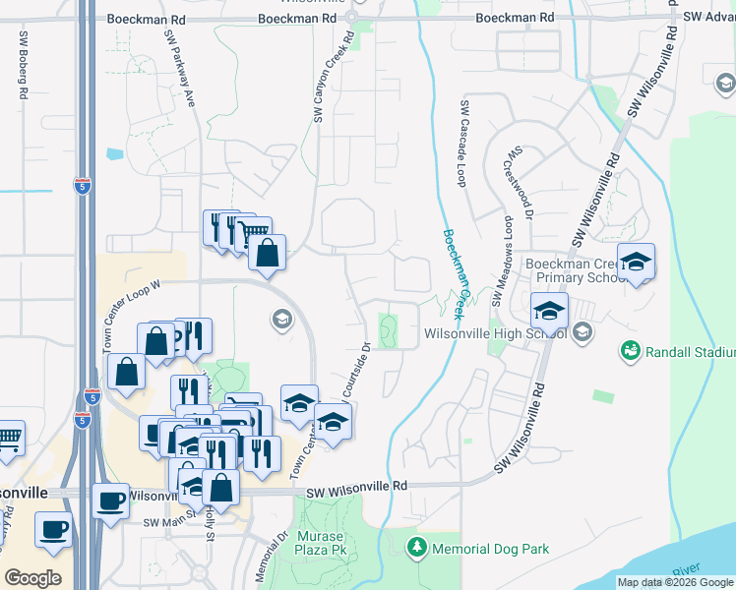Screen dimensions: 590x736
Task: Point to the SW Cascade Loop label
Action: (x=460, y=143)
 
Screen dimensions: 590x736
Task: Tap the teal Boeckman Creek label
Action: (x=455, y=274)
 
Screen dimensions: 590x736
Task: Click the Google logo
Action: (x=32, y=578)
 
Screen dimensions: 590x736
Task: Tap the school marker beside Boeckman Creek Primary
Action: (x=637, y=263)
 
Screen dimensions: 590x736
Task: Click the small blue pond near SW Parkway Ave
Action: (x=116, y=153)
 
